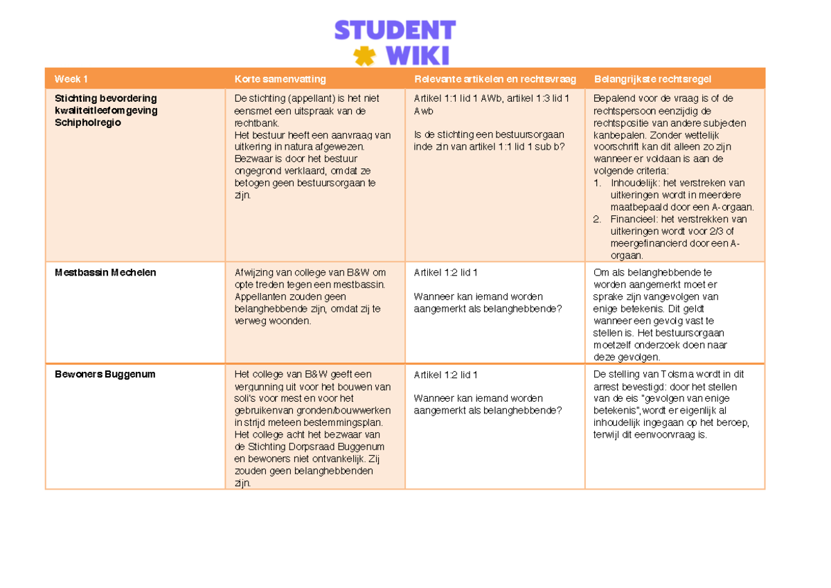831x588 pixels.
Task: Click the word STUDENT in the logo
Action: coord(395,30)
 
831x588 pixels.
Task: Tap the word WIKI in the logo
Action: coord(418,55)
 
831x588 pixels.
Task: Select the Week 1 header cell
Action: coord(71,79)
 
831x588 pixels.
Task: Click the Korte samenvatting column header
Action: coord(280,79)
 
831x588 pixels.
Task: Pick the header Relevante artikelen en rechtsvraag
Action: coord(494,79)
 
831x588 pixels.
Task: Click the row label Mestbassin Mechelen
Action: coord(105,272)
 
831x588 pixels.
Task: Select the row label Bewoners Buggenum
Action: coord(105,374)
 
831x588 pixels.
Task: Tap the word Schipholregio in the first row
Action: coord(88,122)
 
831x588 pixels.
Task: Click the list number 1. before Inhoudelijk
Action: coord(598,183)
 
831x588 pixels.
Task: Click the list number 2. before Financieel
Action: coord(598,219)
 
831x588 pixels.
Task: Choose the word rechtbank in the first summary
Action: coord(256,123)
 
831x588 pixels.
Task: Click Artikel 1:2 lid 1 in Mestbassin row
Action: coord(445,272)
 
